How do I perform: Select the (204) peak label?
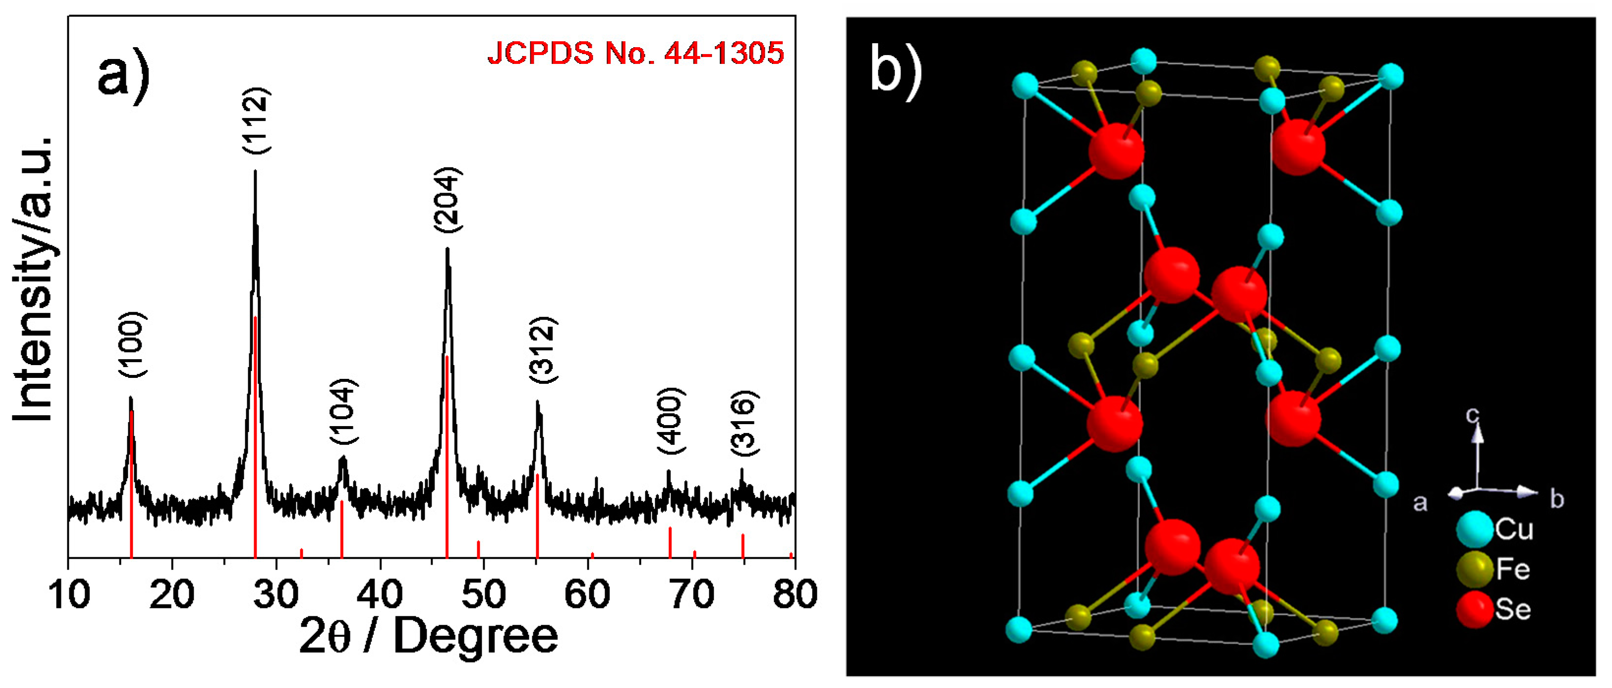tap(448, 200)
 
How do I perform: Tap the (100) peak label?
tap(133, 344)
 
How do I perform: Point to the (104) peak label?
tap(344, 411)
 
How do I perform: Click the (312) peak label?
tap(543, 350)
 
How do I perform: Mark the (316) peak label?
tap(745, 424)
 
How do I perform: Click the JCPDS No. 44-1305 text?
tap(635, 53)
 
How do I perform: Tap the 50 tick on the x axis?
tap(483, 594)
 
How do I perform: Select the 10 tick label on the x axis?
tap(69, 594)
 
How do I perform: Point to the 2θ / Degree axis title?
tap(429, 637)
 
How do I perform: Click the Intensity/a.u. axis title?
tap(32, 278)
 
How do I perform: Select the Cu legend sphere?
tap(1474, 529)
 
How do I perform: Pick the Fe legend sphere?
tap(1474, 569)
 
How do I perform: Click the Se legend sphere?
tap(1474, 609)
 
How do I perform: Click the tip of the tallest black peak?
tap(256, 172)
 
